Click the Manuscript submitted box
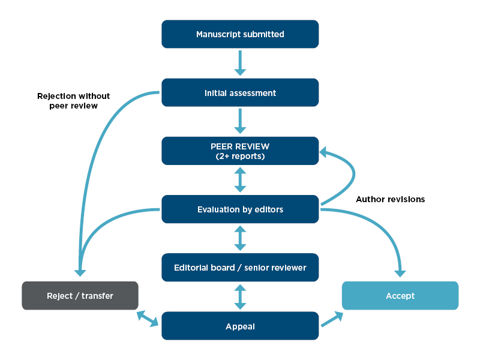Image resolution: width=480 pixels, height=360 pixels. coord(240,34)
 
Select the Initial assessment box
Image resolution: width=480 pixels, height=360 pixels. coord(240,93)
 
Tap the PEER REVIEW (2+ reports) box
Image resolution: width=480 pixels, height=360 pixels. coord(240,151)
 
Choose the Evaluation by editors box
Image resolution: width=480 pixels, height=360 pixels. coord(240,209)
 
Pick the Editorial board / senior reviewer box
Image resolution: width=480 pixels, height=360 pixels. coord(240,268)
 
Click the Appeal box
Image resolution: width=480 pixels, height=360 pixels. coord(240,326)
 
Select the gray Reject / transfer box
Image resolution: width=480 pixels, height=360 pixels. coord(80,296)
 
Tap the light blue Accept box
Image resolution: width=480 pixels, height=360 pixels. coord(400,296)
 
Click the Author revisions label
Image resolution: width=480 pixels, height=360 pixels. coord(390,199)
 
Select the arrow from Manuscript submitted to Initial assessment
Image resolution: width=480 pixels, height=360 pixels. coord(240,62)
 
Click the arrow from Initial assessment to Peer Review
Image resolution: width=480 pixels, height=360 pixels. coord(240,121)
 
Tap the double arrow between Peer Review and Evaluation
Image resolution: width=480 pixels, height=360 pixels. coord(240,179)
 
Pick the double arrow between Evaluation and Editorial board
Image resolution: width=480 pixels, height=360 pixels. coord(240,238)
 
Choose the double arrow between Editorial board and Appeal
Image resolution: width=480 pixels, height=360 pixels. coord(240,296)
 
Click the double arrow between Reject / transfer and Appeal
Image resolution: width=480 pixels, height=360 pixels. coord(148,318)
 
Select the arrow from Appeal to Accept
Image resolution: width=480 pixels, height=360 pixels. coord(332,319)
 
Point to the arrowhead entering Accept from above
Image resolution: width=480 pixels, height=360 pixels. coord(400,273)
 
